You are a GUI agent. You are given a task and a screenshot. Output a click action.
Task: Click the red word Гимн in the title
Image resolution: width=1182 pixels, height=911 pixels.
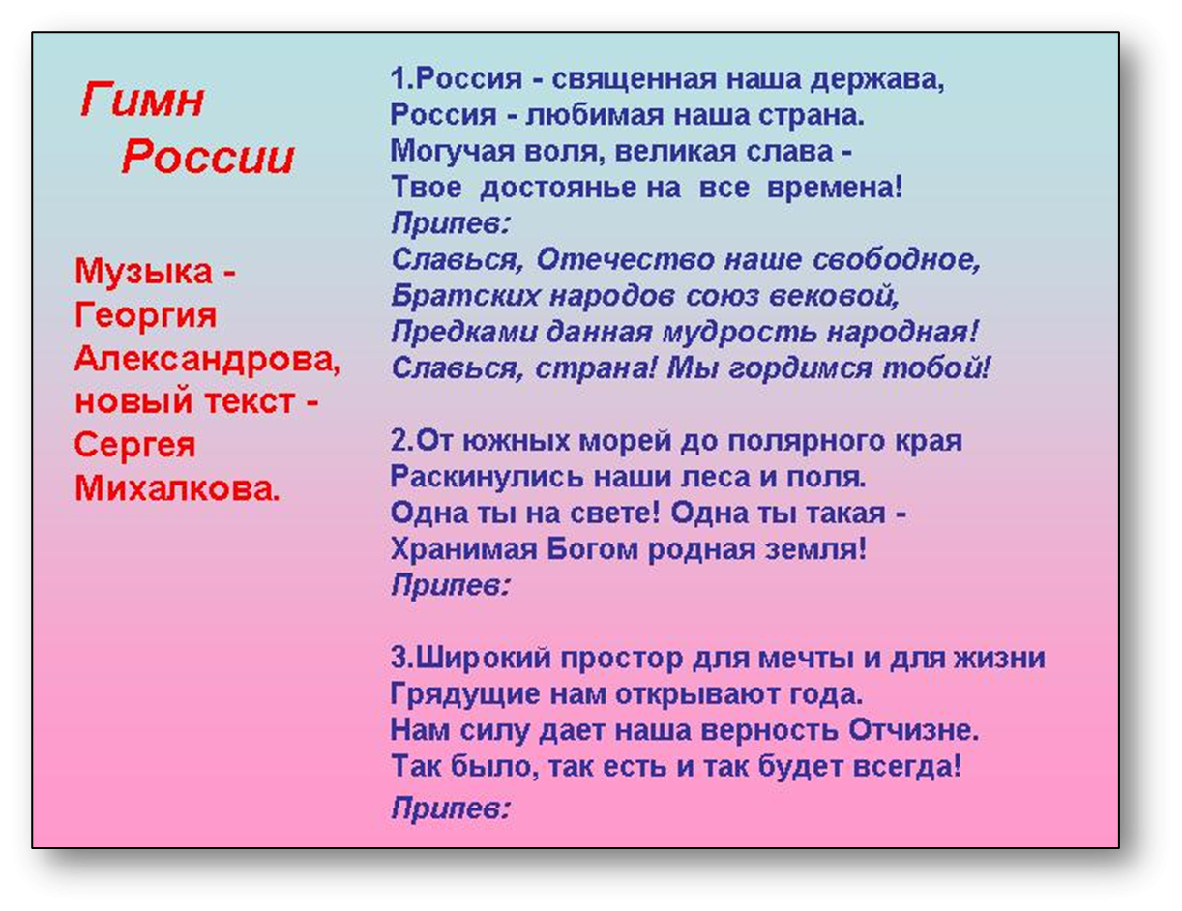pos(142,99)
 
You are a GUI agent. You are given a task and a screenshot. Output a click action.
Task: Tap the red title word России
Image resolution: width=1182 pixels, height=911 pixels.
pos(208,156)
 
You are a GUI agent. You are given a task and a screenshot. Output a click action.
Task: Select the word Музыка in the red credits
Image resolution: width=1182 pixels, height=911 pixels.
pos(143,272)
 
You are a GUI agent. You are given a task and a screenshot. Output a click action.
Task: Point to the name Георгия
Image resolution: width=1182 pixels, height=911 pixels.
pos(145,315)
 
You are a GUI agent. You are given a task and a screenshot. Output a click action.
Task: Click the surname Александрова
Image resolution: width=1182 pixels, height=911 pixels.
pos(207,359)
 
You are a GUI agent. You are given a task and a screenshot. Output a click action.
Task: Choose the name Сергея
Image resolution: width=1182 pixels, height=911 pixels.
pos(134,446)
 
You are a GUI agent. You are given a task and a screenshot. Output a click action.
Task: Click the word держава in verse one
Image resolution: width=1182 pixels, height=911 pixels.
pos(877,80)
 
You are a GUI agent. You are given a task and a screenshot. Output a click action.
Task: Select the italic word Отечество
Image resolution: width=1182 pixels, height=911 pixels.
pos(625,258)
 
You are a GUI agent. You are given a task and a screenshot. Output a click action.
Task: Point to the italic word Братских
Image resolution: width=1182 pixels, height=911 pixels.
pos(465,295)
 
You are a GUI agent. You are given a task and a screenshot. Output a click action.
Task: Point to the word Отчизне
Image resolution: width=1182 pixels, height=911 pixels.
pos(914,730)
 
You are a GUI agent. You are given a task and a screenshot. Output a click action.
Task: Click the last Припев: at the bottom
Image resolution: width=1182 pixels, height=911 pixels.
pos(451,808)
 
